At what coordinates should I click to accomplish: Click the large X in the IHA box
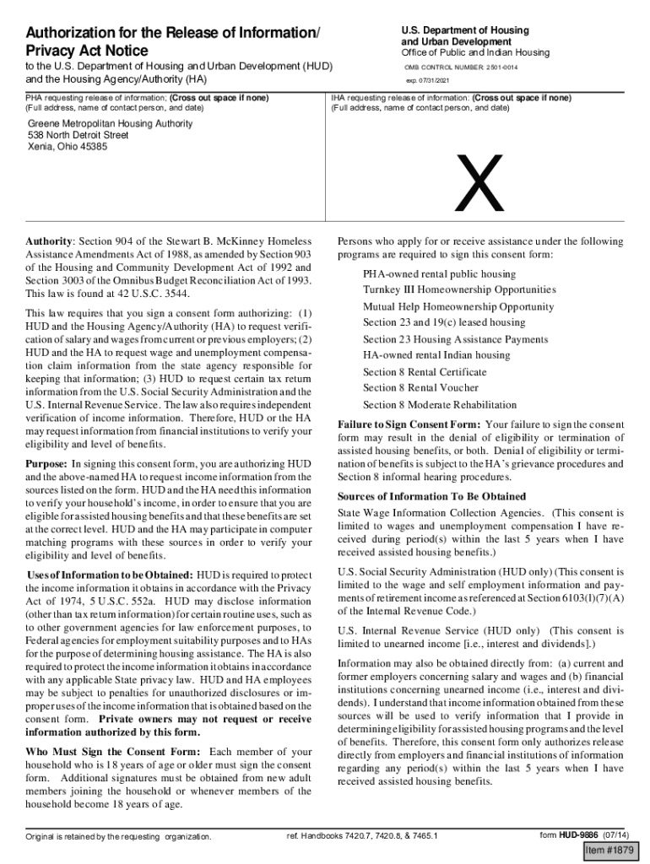pos(479,184)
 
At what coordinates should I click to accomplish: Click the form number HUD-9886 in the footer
pos(580,835)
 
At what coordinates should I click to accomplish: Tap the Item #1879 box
pos(612,850)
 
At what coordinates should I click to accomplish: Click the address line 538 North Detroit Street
pos(79,135)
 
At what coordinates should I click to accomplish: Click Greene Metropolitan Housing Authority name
pos(110,123)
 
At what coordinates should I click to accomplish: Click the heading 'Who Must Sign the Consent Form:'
pos(113,752)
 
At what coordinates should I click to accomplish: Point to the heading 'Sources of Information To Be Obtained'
pos(431,496)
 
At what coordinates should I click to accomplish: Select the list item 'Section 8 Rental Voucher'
pos(420,388)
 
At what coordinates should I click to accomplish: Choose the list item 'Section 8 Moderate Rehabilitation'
pos(440,405)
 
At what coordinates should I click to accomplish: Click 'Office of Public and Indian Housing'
pos(474,52)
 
